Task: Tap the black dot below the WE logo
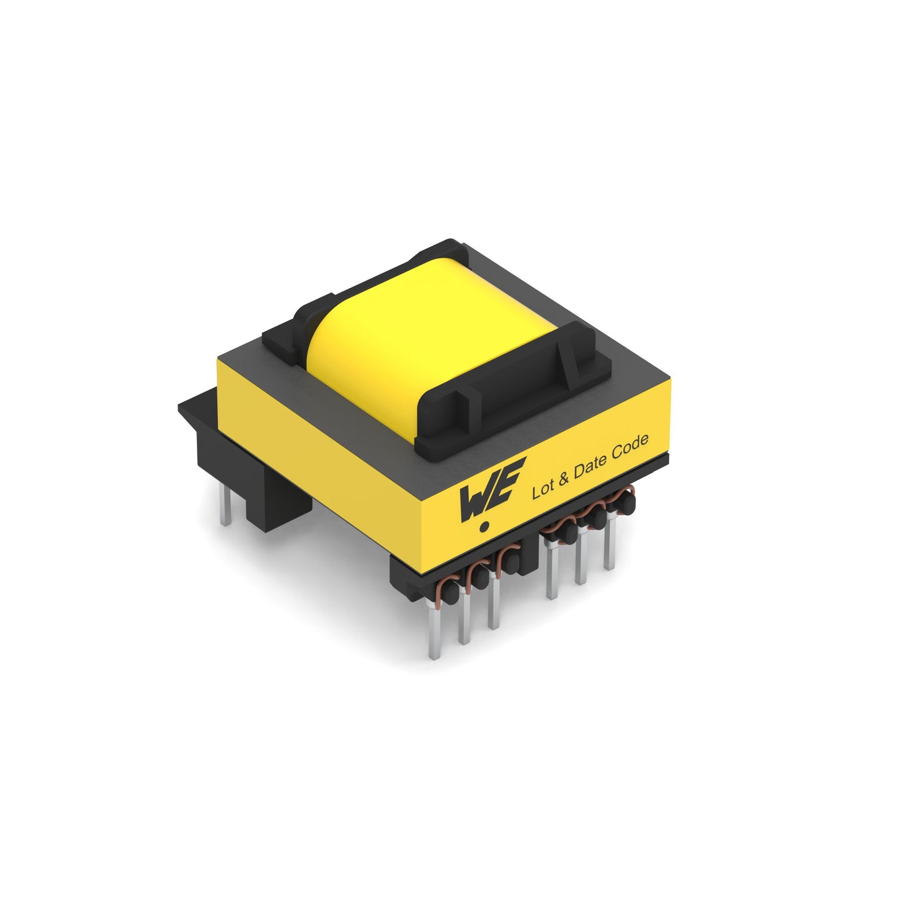point(485,527)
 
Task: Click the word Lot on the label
point(542,490)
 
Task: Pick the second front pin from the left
point(464,619)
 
